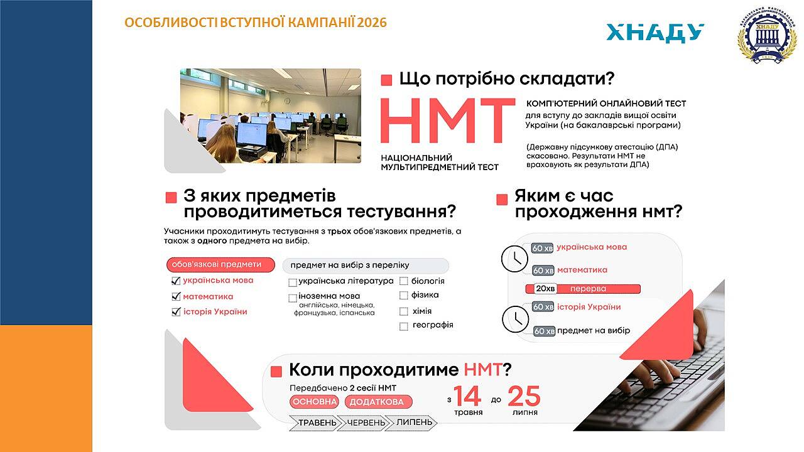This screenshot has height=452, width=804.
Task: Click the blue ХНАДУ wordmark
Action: click(x=655, y=33)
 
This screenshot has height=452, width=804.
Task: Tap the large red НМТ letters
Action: click(x=447, y=121)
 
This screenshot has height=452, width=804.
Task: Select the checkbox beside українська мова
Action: click(x=176, y=281)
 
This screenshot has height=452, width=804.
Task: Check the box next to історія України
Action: click(x=176, y=312)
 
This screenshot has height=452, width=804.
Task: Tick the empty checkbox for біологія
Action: click(x=404, y=281)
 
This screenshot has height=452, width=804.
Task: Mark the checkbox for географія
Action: click(x=404, y=326)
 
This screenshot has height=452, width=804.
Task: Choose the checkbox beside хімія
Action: click(x=404, y=311)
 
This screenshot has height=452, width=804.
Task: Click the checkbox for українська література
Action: click(x=293, y=282)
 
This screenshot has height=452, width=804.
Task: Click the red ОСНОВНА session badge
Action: click(x=314, y=402)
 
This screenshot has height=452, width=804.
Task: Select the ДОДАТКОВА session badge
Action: click(x=378, y=402)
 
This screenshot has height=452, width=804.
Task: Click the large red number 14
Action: click(x=467, y=396)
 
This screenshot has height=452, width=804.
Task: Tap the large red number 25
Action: click(x=524, y=396)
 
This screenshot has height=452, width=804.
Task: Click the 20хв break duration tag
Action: click(x=545, y=289)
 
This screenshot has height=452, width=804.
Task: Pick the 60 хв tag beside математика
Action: click(x=543, y=271)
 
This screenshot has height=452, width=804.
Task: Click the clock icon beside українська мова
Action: click(x=514, y=259)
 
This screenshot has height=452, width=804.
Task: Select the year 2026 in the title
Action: click(x=372, y=23)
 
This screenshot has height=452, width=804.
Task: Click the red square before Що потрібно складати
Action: click(x=386, y=80)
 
